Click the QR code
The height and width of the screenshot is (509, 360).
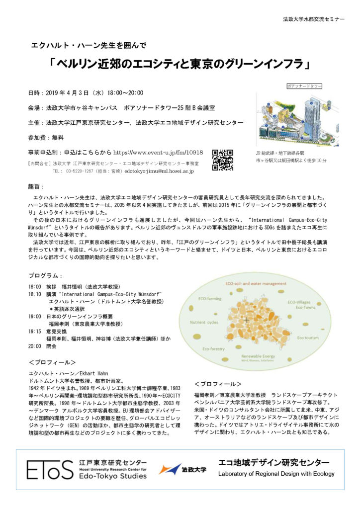point(223,160)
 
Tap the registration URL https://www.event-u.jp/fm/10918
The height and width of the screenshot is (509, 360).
point(158,153)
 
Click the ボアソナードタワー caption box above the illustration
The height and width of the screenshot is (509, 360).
point(305,86)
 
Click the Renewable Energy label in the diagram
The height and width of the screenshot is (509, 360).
point(258,356)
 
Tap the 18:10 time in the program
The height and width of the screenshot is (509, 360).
point(35,294)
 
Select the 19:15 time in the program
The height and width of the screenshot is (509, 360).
point(35,331)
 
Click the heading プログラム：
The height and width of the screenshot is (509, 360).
point(46,276)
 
